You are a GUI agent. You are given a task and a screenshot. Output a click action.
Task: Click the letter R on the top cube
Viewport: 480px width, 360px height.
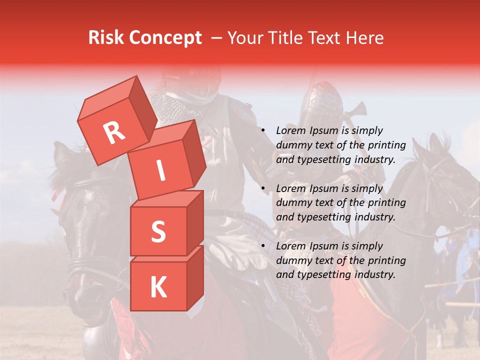[114, 133]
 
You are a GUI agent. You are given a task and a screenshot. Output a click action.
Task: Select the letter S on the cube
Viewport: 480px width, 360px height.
[158, 231]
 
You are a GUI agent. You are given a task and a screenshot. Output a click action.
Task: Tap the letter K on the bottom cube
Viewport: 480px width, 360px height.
[158, 287]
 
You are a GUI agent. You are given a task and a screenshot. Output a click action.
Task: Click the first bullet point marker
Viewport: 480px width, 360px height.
[262, 131]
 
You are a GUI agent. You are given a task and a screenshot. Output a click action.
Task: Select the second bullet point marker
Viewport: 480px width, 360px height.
[262, 189]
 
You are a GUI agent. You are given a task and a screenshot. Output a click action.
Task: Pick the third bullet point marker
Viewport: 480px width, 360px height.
[262, 246]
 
